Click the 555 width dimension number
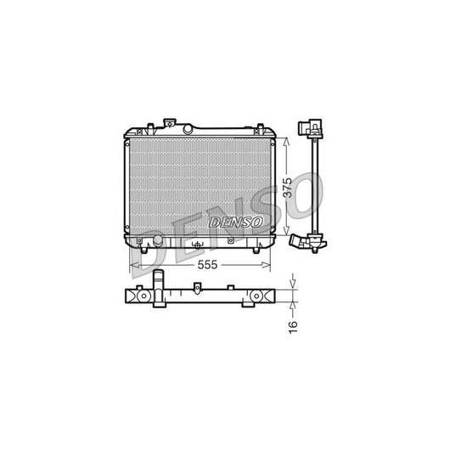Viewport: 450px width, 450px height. [207, 265]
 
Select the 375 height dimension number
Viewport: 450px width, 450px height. [287, 188]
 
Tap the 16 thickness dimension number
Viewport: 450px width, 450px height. [293, 327]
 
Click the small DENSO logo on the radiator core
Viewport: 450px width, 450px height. [236, 222]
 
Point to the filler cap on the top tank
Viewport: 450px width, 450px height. [169, 122]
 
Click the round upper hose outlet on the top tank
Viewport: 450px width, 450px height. [188, 128]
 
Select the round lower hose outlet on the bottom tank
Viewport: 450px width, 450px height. [158, 240]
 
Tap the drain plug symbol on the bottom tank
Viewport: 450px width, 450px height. [198, 245]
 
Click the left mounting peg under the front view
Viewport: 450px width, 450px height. [143, 250]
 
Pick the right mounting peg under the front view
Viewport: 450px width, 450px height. [256, 250]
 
